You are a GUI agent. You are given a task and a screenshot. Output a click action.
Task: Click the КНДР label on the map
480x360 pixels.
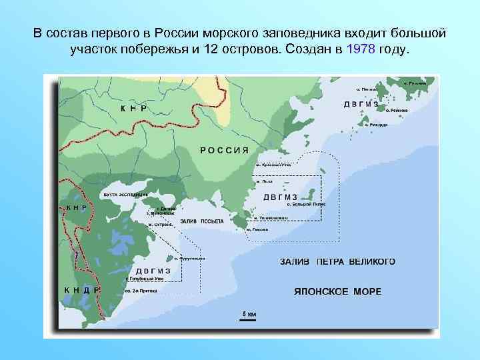[x=81, y=290]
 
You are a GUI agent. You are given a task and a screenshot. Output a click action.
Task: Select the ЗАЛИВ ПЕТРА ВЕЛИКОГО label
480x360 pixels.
[x=337, y=261]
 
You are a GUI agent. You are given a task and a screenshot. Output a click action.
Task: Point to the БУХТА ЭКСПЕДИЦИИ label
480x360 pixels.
[x=125, y=195]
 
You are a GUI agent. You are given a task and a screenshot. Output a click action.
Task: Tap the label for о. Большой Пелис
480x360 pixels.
[x=306, y=204]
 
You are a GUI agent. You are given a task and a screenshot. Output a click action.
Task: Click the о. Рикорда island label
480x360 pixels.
[x=377, y=123]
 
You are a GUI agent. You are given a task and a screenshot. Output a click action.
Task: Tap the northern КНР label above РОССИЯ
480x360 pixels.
[x=133, y=107]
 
